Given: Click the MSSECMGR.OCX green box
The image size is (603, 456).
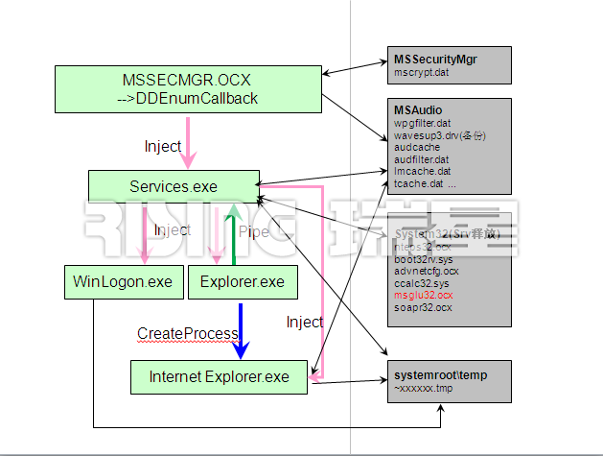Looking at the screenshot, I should click(187, 88).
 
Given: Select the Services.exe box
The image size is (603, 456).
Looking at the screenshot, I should click(174, 187).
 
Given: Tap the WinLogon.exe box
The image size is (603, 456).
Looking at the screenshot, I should click(123, 282).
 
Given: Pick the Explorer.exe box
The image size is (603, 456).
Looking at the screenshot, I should click(243, 282).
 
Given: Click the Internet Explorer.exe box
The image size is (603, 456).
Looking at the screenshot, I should click(220, 376).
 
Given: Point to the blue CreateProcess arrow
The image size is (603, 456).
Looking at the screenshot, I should click(241, 328).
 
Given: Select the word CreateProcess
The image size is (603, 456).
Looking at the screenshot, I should click(187, 333).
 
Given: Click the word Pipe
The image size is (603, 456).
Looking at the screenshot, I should click(253, 231).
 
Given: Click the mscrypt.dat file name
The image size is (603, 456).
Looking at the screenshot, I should click(421, 72).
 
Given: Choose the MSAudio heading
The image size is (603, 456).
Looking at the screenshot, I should click(418, 110).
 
